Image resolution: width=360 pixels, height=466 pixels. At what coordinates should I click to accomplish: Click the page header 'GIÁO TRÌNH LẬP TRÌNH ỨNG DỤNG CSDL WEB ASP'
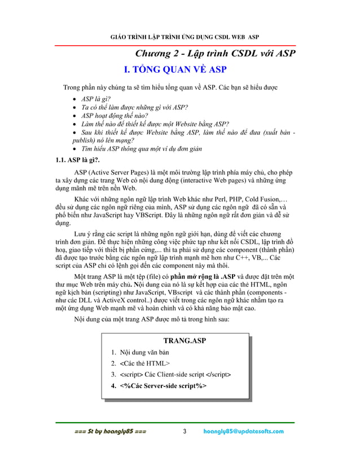184,37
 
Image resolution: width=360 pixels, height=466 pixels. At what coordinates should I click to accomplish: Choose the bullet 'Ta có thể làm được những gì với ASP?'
134,107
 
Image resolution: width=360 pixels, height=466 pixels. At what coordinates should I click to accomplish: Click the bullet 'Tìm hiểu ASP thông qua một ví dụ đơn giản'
143,150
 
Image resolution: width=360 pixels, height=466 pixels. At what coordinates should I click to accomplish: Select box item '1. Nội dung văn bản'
140,353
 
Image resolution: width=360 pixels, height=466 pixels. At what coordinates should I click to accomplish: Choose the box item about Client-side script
171,375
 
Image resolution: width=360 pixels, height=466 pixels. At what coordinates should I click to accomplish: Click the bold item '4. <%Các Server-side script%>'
159,386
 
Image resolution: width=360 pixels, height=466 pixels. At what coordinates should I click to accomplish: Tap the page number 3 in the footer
184,432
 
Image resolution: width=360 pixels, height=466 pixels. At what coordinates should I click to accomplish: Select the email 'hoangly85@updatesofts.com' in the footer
244,432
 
